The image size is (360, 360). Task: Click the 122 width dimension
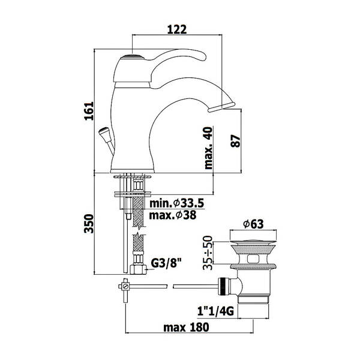point(177,29)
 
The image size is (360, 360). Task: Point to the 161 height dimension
point(89,111)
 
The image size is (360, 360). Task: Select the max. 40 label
point(208,148)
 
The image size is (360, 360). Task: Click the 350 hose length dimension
point(89,224)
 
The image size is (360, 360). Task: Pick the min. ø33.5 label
point(176,203)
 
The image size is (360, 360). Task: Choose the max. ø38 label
point(173,215)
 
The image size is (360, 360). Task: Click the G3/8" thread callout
point(166,263)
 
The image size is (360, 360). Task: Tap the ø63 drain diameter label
point(253,224)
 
